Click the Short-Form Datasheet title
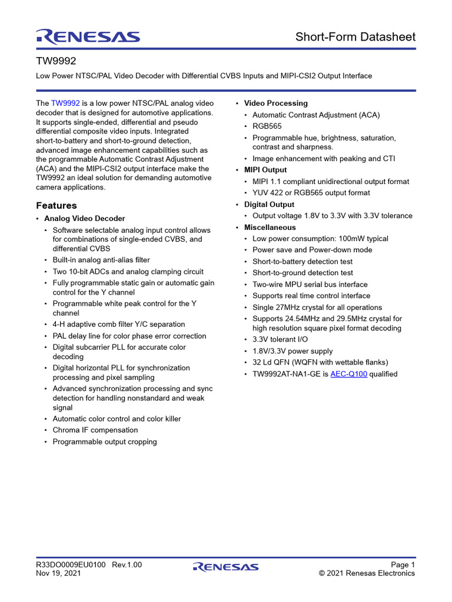coord(355,37)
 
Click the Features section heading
coord(56,205)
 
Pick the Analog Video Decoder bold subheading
coord(85,218)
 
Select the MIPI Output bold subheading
coord(265,170)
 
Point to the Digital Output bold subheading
coord(269,205)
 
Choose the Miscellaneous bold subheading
coord(270,227)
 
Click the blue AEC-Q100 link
coord(349,374)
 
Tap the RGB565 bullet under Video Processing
coord(267,126)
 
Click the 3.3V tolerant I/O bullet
coord(280,339)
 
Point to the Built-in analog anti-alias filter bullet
coord(101,260)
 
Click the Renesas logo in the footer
coord(225,567)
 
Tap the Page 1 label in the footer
coord(403,565)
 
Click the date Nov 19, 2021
coord(59,573)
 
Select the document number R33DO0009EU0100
coord(71,565)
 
